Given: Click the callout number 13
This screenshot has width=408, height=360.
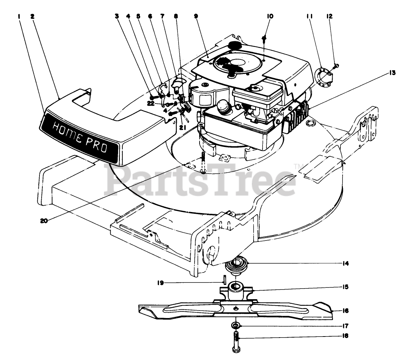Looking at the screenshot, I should (x=392, y=73).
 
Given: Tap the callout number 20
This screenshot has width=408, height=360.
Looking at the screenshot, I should (x=44, y=221).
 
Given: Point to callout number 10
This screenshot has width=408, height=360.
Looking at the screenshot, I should (x=270, y=16).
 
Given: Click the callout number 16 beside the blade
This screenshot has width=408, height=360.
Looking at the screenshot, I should (x=345, y=311).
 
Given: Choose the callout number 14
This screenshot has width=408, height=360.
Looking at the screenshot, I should (x=345, y=264).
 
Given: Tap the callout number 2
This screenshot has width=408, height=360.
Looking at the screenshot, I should (x=32, y=16).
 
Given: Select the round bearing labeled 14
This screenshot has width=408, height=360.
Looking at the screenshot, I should (x=236, y=265).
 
